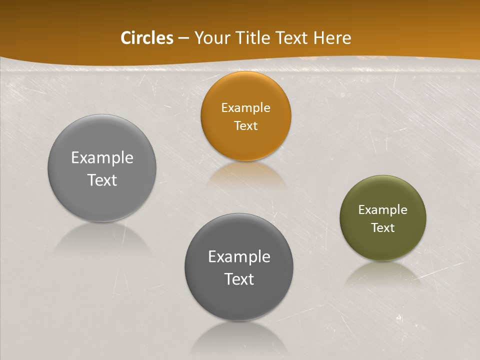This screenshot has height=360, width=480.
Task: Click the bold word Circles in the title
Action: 147,38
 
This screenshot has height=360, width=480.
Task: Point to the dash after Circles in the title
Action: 183,38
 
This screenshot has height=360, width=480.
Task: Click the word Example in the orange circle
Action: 245,108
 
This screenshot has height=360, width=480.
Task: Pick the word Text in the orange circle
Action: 245,125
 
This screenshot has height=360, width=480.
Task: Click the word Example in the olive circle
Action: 382,210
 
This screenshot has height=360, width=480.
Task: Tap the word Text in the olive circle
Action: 383,228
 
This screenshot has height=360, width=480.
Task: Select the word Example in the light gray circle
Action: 102,158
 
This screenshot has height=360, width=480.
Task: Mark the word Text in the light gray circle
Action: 102,180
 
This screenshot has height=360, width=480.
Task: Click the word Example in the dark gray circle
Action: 239,257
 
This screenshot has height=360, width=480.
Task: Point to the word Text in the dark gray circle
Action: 239,279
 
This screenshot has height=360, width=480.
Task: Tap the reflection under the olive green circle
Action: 383,272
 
